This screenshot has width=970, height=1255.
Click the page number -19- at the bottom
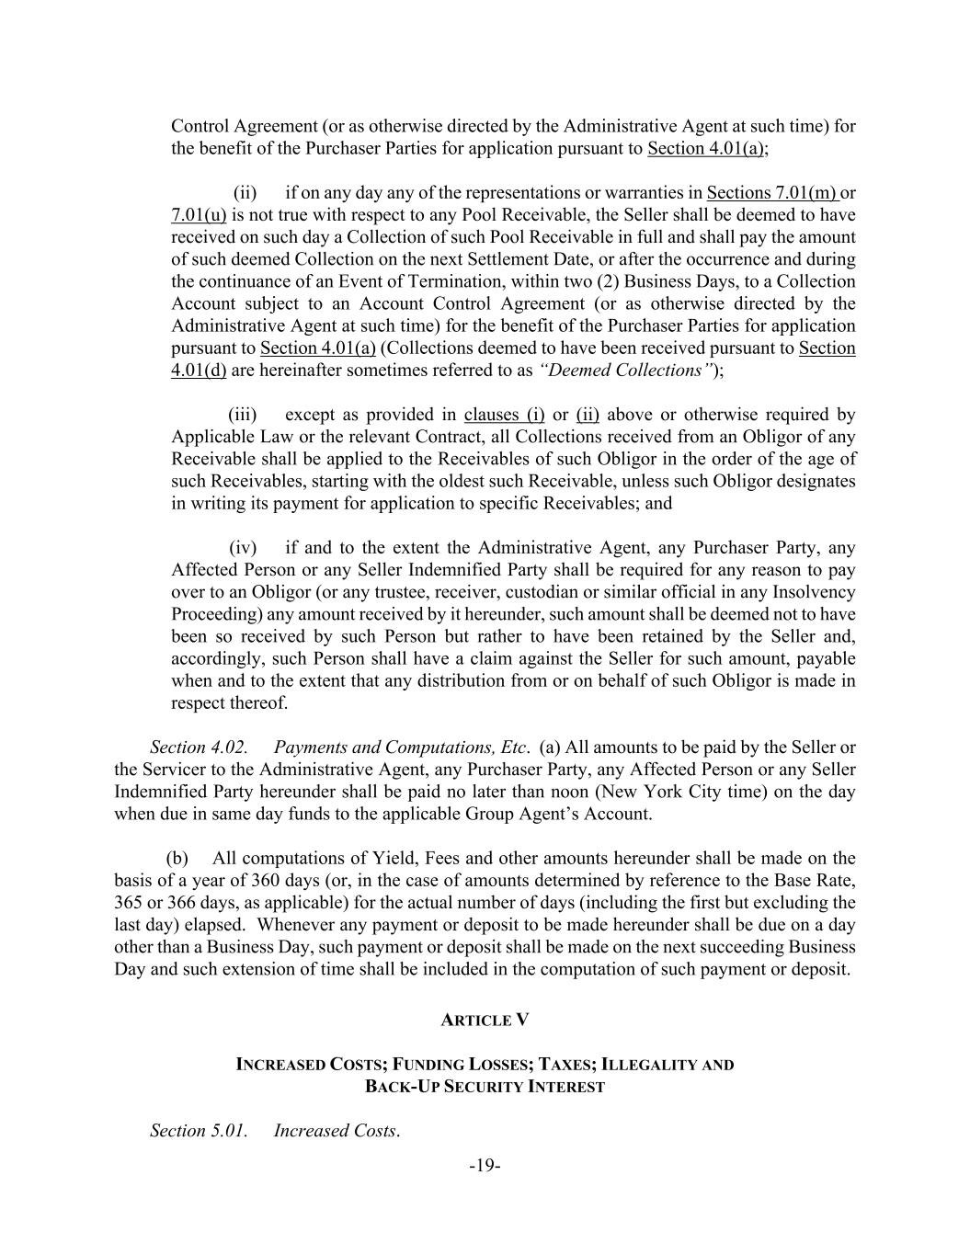485,1165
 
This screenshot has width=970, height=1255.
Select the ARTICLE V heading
485,1020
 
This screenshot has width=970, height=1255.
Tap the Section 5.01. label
199,1130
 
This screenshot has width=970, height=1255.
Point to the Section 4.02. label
199,747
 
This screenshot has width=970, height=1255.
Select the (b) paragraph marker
177,858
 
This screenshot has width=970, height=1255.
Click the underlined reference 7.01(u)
199,215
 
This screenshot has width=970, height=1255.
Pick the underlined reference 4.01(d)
199,371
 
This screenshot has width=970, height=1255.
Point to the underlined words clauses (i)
504,415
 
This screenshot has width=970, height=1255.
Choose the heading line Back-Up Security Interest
485,1087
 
